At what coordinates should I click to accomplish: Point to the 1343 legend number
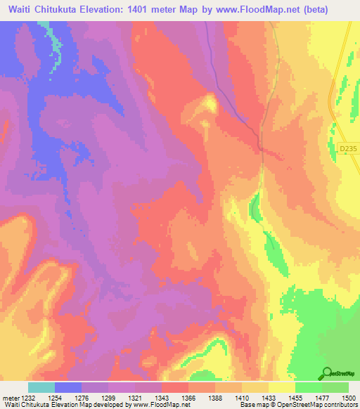coord(162,398)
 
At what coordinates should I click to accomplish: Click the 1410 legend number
coord(241,398)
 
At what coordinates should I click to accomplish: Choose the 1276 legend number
coord(82,398)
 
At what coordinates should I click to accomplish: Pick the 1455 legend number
coord(295,398)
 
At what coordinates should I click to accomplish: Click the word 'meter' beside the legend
coord(10,398)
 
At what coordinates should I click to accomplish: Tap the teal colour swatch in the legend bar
coord(41,387)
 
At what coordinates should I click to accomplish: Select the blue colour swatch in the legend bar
coord(68,387)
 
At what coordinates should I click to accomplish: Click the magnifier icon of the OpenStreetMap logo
coord(328,374)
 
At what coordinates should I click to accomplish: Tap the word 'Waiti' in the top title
coord(22,9)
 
